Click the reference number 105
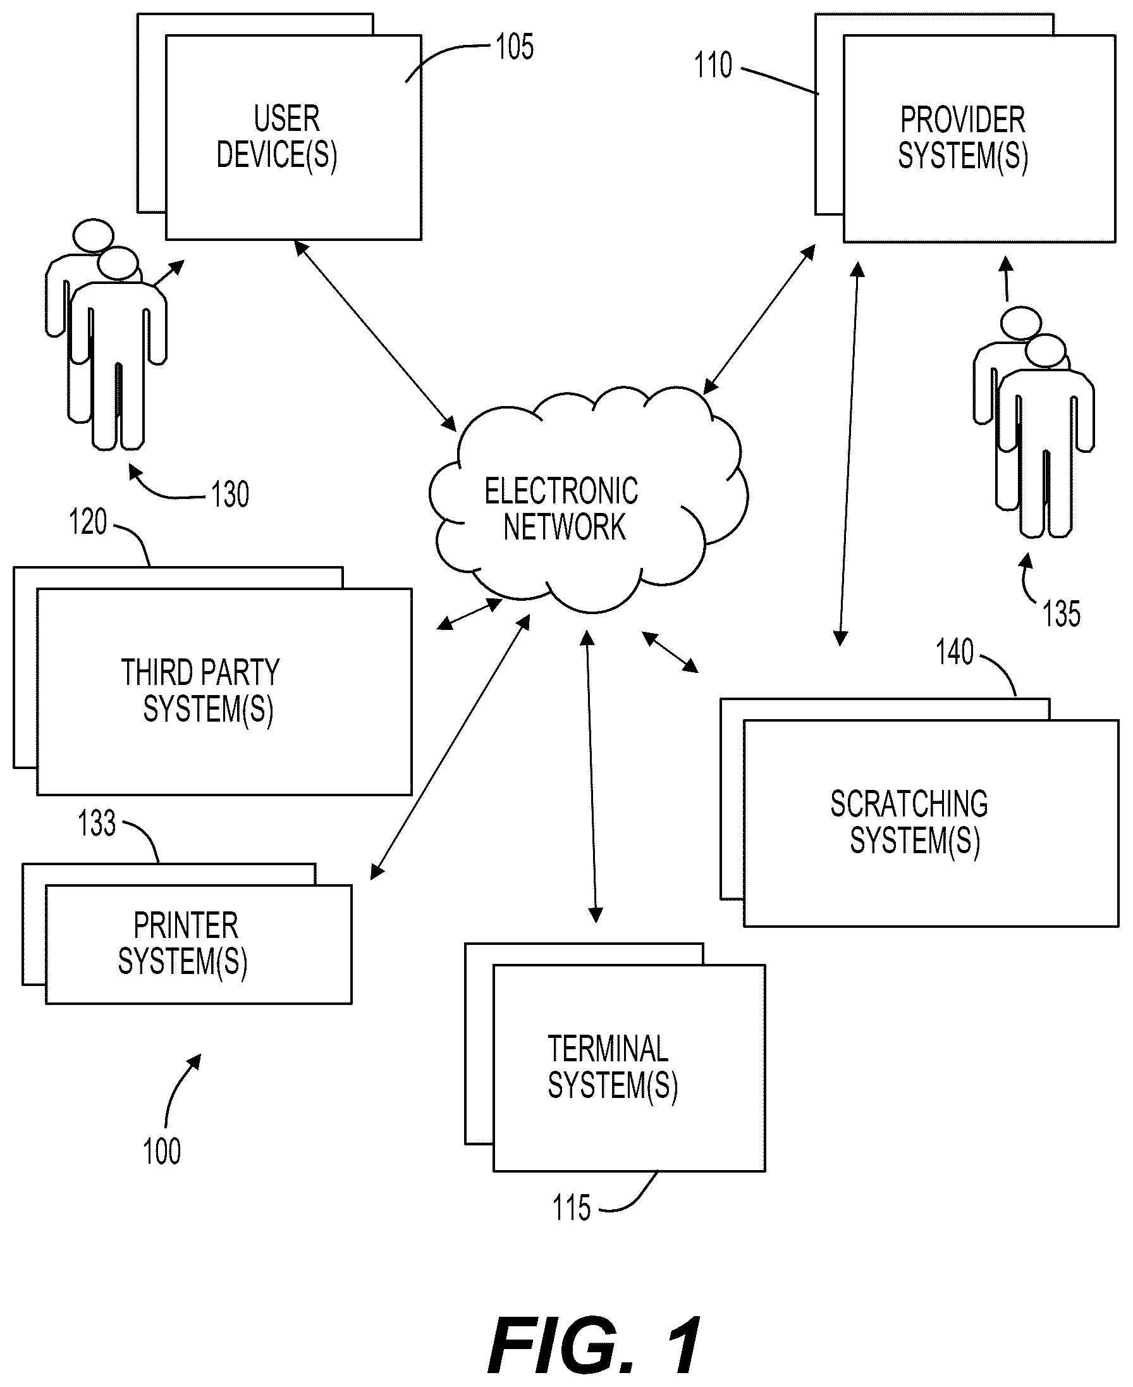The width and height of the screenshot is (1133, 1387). click(x=514, y=47)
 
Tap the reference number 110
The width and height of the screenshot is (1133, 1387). click(x=713, y=65)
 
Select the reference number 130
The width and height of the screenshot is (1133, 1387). click(x=230, y=494)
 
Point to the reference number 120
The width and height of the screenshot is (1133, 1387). click(x=87, y=522)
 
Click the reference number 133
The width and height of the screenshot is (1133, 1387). click(x=97, y=823)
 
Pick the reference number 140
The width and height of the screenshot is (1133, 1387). click(x=954, y=652)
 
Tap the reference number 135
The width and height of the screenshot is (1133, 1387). click(x=1061, y=613)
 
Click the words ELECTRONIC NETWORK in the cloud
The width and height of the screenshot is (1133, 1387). click(x=562, y=509)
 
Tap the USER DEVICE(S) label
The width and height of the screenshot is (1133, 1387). click(x=277, y=138)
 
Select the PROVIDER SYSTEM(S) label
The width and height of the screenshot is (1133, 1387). click(x=963, y=139)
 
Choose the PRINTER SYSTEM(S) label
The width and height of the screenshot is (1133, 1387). click(x=183, y=943)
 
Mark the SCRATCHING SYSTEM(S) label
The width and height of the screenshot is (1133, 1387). click(x=910, y=822)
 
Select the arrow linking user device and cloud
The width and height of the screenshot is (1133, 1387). click(x=376, y=335)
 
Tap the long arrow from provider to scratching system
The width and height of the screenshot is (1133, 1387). click(x=850, y=454)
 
